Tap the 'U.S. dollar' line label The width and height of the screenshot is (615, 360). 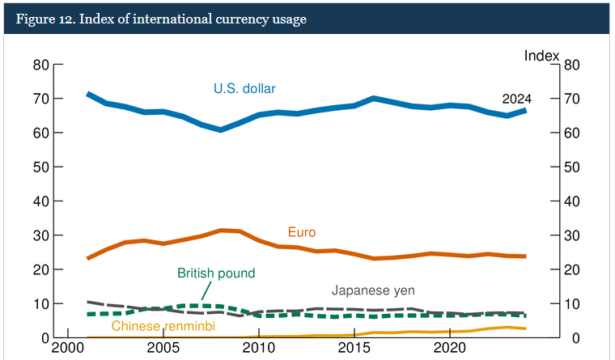pos(251,88)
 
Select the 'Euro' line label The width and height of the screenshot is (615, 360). pos(302,232)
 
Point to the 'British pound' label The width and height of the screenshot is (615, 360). pos(216,273)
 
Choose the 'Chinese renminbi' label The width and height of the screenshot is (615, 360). pos(163,326)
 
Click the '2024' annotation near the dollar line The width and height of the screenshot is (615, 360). pos(516,99)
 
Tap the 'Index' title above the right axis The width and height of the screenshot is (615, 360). pos(541,55)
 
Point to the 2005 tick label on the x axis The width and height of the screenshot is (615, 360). pos(163,348)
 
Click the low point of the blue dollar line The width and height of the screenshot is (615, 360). pos(220,129)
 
